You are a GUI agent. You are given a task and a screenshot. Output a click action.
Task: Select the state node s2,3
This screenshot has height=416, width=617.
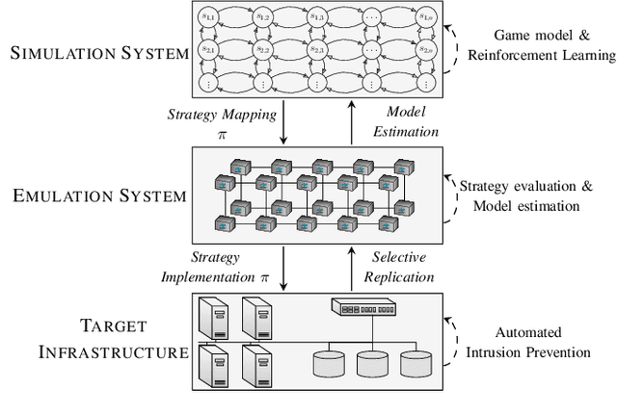pos(316,48)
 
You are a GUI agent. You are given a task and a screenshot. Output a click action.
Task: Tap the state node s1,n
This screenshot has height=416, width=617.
pos(424,17)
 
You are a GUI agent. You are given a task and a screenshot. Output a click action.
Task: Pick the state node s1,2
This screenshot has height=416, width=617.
pos(262,17)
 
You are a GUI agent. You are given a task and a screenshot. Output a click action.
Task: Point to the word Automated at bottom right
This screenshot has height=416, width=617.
pos(506,333)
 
